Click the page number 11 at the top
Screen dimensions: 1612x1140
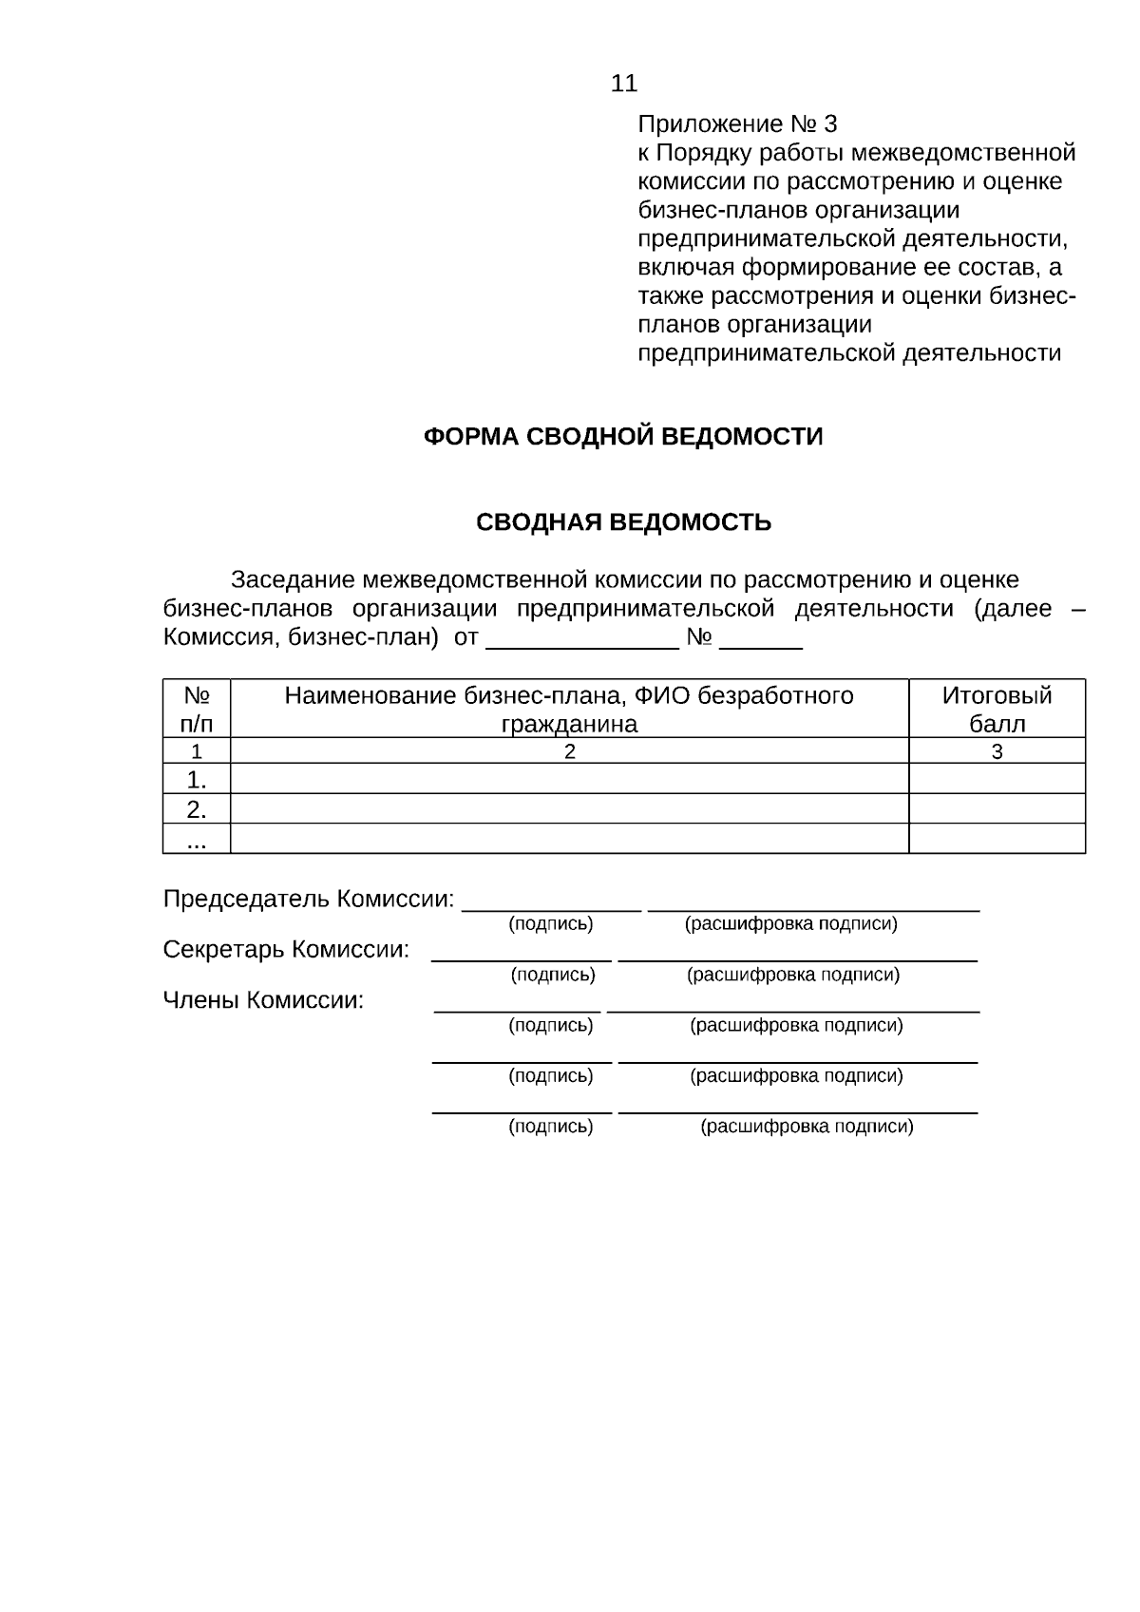tap(624, 84)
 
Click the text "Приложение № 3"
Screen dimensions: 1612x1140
tap(737, 124)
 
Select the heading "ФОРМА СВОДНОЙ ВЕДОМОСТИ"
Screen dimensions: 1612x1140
tap(622, 437)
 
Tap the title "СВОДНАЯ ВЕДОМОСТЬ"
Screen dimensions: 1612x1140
tap(623, 522)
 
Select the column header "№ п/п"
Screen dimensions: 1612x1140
tap(197, 709)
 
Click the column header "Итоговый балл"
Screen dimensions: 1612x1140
tap(997, 709)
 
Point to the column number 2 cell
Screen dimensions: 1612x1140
tap(569, 751)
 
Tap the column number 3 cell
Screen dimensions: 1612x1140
tap(997, 751)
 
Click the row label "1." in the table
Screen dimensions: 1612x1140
tap(197, 780)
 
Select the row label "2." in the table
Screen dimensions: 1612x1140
tap(197, 809)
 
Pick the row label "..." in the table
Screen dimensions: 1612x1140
tap(197, 839)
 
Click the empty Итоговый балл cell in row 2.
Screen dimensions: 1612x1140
tap(997, 809)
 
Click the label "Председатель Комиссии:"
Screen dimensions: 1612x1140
tap(309, 899)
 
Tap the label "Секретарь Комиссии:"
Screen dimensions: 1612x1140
tap(286, 950)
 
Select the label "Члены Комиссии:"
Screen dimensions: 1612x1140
tap(263, 1000)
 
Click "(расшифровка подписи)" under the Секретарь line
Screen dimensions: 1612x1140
tap(793, 975)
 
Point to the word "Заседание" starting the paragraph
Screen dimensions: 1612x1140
tap(293, 579)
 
